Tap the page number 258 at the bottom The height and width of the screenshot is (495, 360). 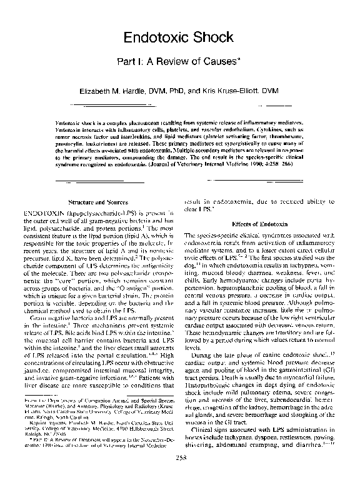click(x=180, y=476)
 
